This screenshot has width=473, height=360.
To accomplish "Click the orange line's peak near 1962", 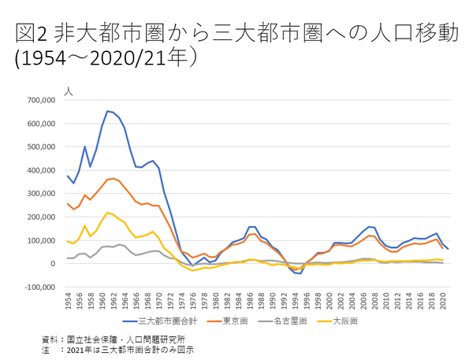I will pos(114,178).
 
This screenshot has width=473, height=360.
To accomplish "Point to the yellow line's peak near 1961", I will pos(108,213).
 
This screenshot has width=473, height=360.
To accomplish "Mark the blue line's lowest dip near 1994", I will pos(299,273).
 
